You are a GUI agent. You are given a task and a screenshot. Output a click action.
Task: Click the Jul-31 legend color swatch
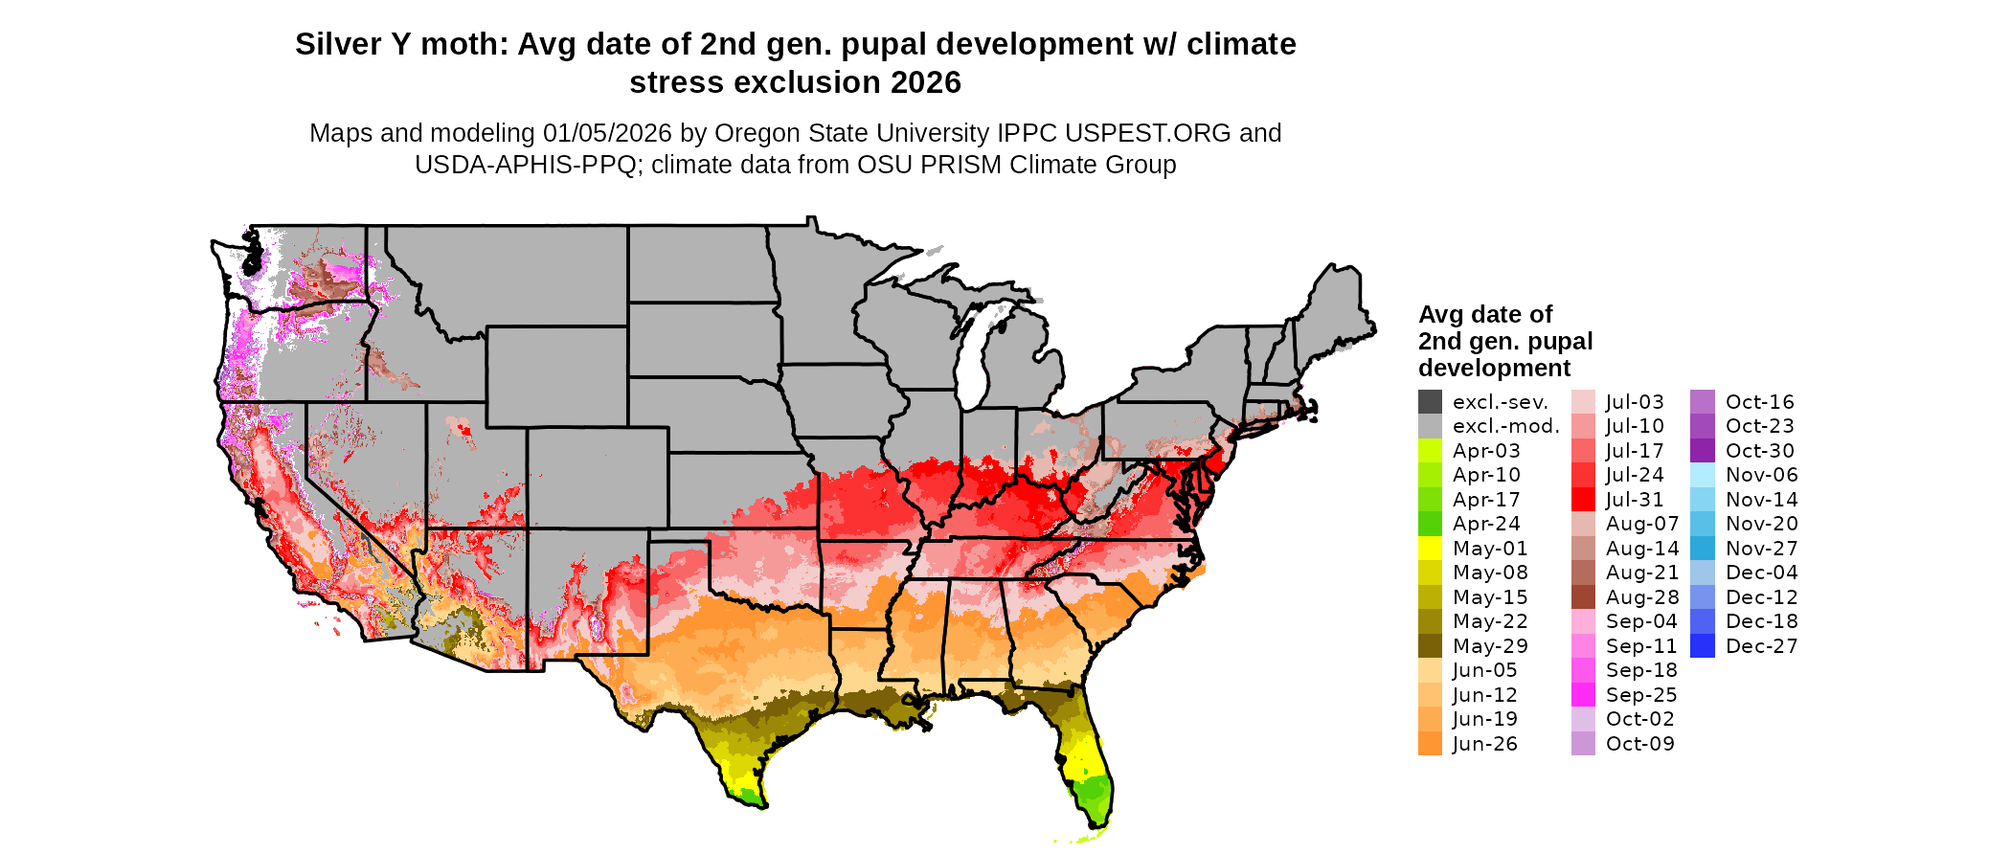1584,500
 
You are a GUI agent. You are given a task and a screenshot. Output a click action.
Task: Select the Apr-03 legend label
1486,451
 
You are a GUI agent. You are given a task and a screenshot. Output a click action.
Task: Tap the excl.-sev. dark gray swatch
1431,402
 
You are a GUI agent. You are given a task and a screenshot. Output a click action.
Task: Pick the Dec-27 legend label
1761,646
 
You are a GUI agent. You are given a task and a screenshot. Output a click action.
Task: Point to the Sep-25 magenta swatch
1584,695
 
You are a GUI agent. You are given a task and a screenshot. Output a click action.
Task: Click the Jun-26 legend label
1484,744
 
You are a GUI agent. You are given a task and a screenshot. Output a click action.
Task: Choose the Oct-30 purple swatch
1703,451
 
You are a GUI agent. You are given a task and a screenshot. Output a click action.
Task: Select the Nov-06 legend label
1761,475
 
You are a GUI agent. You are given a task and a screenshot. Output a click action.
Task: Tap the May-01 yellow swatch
1431,549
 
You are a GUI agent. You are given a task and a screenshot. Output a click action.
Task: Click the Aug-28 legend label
1642,597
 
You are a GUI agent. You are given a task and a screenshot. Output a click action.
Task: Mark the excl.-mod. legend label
1505,426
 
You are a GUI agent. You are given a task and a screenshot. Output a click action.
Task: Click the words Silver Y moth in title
401,45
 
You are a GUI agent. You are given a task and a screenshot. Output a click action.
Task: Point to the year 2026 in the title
926,83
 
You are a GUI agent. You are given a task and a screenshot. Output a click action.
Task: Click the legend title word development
1494,369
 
